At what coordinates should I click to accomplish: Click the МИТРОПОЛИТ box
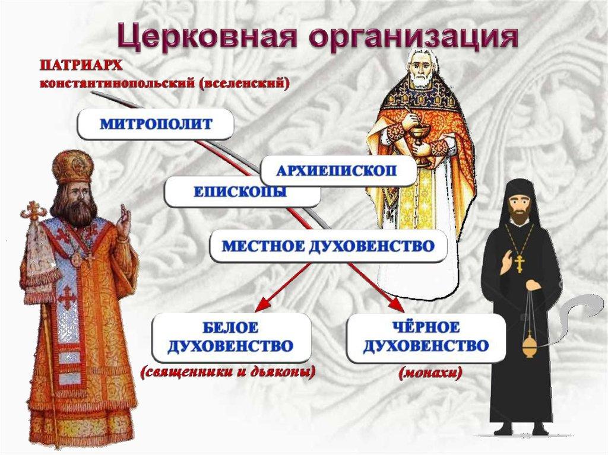[156, 124]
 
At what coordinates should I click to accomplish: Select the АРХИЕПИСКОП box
[338, 171]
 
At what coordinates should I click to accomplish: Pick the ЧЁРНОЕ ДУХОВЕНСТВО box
[426, 338]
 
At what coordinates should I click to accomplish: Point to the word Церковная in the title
[196, 36]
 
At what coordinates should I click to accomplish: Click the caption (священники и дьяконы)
[228, 372]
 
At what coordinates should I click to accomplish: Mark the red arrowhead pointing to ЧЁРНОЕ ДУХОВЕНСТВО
[395, 304]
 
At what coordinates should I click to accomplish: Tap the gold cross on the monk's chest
[519, 263]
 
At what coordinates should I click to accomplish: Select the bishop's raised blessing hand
[125, 221]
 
